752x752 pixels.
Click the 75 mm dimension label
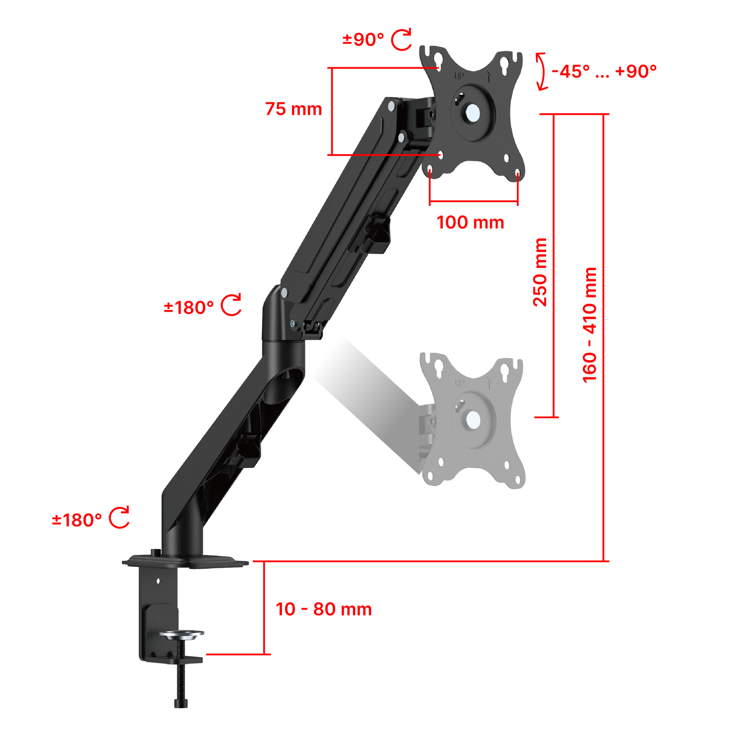(x=293, y=109)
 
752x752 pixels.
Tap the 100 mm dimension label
(x=470, y=222)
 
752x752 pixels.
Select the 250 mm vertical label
(x=540, y=272)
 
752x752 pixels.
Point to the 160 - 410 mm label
(x=589, y=325)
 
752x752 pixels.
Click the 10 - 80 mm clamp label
(x=324, y=609)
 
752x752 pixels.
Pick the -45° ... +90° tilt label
(x=604, y=71)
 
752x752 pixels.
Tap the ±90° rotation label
(x=363, y=39)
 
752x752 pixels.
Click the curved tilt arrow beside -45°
(x=542, y=71)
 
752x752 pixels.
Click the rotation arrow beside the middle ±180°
(x=231, y=305)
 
